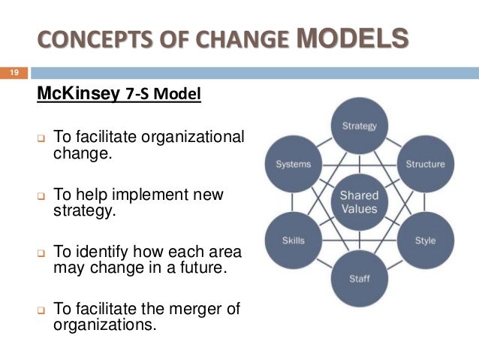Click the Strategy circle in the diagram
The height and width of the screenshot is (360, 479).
359,126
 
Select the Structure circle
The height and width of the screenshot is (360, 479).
425,164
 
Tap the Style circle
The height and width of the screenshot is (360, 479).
425,241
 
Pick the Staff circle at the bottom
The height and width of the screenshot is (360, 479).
359,279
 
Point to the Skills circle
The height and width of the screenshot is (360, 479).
293,241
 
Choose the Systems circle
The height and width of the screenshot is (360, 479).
293,164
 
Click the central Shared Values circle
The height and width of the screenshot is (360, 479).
359,202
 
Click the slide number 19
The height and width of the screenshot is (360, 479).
14,73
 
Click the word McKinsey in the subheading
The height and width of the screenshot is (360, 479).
74,96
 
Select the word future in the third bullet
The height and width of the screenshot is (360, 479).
198,266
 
